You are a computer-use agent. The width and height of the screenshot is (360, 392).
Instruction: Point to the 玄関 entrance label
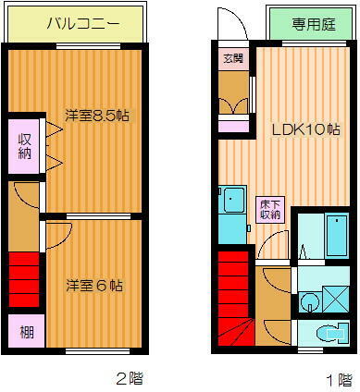[231, 58]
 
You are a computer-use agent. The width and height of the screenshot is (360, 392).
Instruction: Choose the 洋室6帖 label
[95, 286]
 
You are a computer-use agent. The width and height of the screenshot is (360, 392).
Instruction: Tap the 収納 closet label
[25, 146]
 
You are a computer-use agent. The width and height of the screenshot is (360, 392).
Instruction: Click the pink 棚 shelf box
[25, 330]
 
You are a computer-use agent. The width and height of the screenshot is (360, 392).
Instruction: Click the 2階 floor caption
[129, 378]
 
